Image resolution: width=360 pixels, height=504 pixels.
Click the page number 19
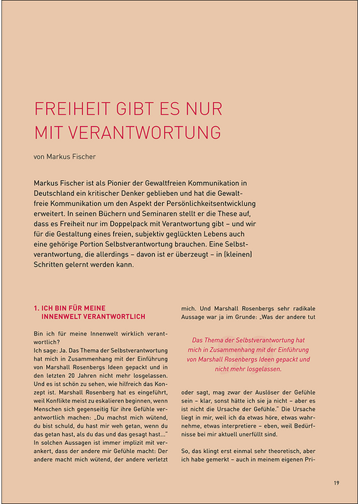[336, 482]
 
